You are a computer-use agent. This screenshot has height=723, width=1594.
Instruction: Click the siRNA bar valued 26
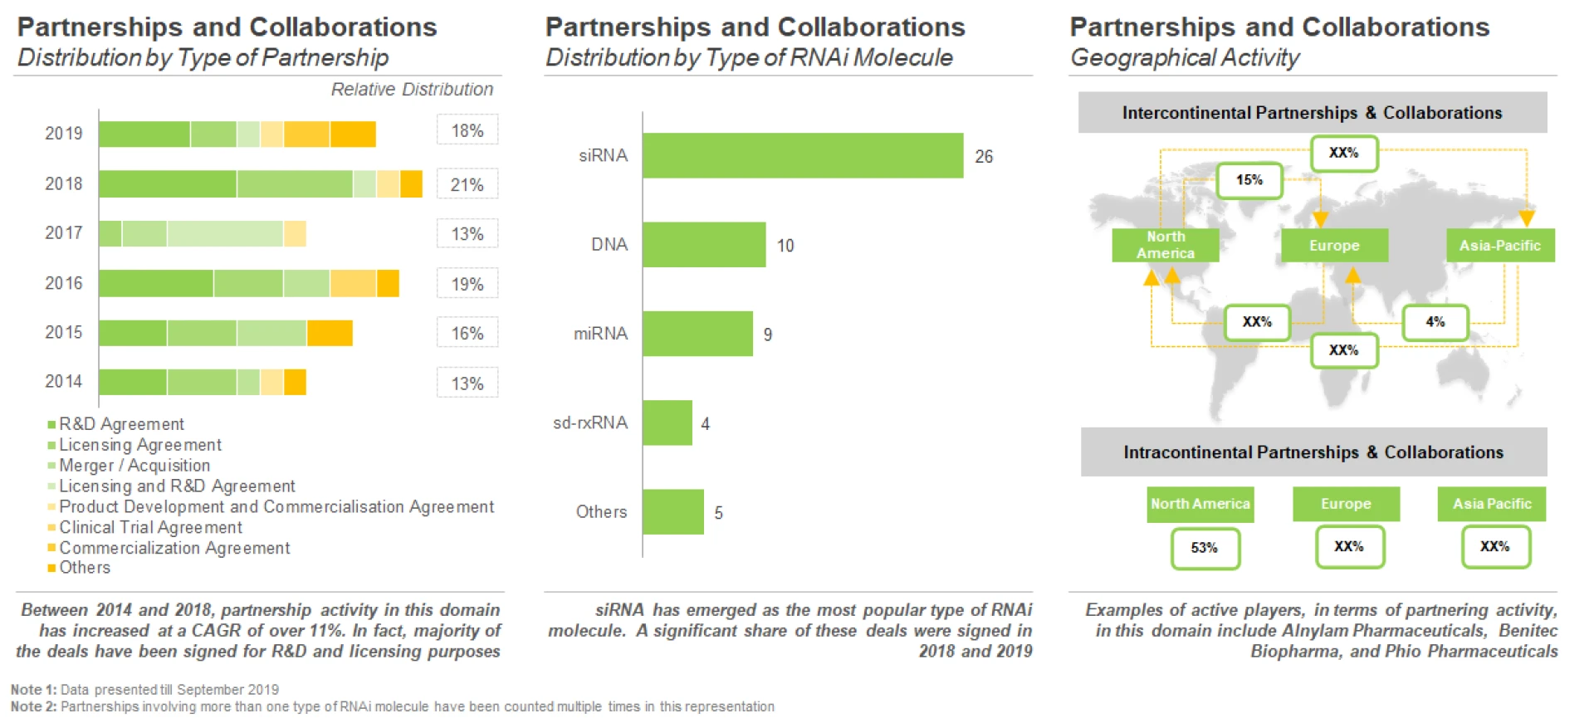pos(802,155)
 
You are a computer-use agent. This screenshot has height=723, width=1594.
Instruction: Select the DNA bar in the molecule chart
pos(703,244)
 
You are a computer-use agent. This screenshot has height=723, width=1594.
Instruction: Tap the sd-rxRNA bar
pos(667,423)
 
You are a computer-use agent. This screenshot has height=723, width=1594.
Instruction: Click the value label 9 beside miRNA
pos(767,335)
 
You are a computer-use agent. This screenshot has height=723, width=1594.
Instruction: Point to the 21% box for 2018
pos(467,184)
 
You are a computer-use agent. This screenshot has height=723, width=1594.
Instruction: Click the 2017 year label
pos(63,233)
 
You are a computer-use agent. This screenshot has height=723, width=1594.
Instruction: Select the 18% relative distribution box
pos(467,130)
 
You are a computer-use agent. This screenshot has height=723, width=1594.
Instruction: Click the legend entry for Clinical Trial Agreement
pos(150,527)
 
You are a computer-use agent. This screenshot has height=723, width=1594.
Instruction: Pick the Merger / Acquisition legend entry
pos(134,466)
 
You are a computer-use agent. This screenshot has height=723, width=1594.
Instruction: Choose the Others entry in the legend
pos(84,568)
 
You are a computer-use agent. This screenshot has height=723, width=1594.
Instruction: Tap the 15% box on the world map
pos(1249,180)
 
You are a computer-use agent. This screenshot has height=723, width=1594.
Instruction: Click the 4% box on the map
pos(1435,322)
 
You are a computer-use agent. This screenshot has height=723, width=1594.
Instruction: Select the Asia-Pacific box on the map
pos(1499,246)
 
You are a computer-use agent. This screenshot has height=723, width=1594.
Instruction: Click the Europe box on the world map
pos(1333,246)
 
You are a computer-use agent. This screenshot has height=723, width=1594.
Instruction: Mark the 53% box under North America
pos(1204,548)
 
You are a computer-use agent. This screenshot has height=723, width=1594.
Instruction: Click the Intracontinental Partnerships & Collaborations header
pos(1313,452)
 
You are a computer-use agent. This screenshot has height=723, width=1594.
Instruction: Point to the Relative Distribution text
pos(412,90)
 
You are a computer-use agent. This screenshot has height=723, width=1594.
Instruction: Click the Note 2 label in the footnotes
pos(32,706)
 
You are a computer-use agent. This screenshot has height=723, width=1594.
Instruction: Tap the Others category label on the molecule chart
pos(601,512)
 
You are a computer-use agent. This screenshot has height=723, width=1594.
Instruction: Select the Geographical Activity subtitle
pos(1184,58)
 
